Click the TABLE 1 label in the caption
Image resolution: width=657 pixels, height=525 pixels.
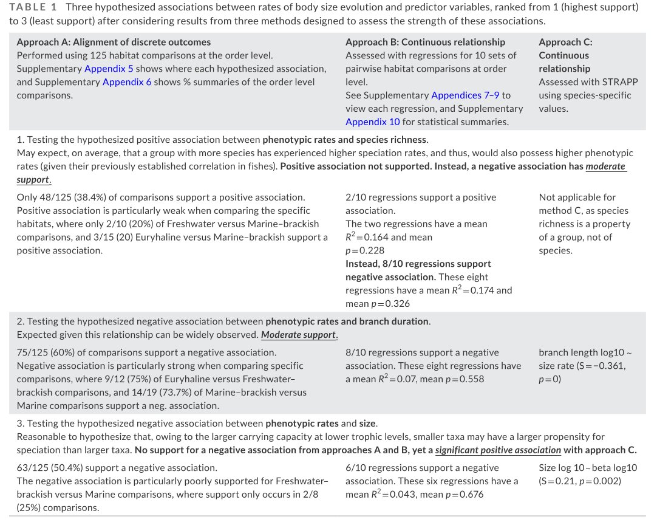(x=33, y=7)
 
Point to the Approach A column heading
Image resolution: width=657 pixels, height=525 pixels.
(x=114, y=43)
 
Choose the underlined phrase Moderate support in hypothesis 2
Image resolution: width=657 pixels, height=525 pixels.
(x=299, y=335)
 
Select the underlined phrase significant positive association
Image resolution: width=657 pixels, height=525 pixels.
(x=498, y=450)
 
